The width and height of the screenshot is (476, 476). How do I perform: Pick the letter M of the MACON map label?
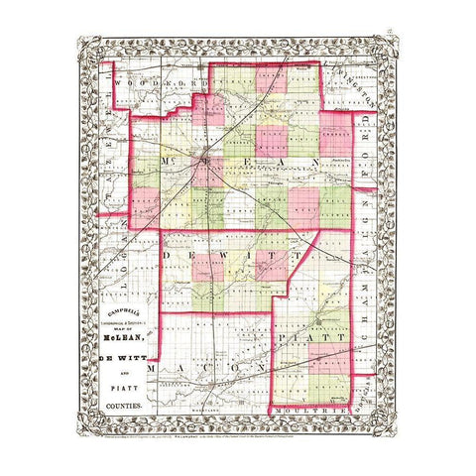click(152, 368)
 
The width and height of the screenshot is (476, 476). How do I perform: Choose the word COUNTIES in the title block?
click(125, 408)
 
